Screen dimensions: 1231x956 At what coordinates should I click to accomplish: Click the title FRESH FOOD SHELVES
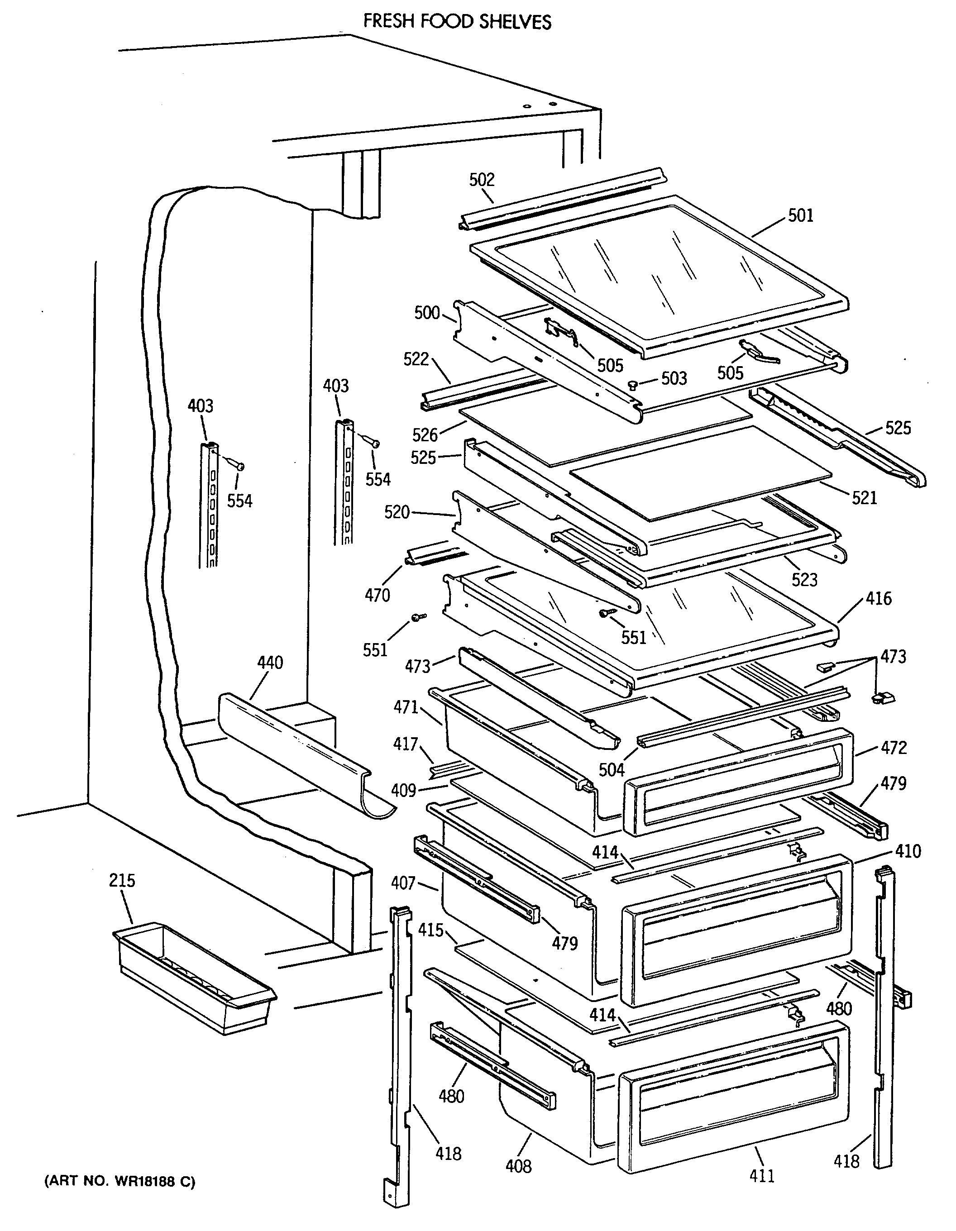point(457,21)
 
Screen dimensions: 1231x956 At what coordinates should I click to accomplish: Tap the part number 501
point(800,215)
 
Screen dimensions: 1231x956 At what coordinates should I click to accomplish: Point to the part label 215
point(122,880)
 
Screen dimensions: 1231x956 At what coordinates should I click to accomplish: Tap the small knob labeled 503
point(633,385)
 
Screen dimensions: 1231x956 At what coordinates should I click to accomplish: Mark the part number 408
point(518,1166)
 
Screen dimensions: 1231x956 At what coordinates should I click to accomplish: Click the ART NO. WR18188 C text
point(119,1181)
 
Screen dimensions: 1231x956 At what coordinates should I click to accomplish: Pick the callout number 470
point(377,595)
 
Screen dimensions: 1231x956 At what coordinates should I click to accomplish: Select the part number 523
point(804,579)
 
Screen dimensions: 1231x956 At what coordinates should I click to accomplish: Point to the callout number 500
point(427,312)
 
